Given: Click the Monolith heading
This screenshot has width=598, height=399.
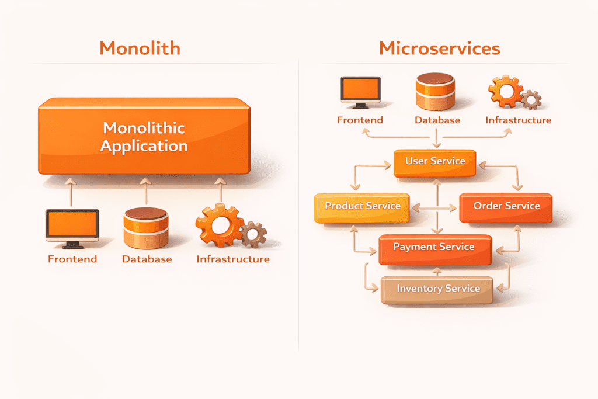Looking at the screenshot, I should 140,48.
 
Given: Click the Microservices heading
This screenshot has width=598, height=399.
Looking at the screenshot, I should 439,48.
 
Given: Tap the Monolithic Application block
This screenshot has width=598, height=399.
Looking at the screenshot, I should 144,136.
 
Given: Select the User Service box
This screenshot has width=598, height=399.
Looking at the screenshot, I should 435,162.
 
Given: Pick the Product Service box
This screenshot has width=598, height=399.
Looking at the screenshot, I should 362,207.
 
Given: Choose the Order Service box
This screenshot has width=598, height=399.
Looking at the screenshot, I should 506,207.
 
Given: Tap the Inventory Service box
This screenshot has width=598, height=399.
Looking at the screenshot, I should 437,289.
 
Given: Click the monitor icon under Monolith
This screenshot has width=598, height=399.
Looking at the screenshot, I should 72,227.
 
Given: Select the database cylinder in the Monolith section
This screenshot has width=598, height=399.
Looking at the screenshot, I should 146,228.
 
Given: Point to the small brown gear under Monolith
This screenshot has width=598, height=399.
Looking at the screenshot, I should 253,234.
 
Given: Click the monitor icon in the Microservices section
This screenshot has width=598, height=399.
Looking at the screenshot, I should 360,92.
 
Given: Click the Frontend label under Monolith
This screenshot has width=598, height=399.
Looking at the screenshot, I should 72,259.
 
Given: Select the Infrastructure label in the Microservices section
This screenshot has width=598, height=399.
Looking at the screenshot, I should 518,120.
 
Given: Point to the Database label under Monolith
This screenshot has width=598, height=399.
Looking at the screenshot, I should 147,259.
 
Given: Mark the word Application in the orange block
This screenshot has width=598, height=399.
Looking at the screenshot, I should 144,145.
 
